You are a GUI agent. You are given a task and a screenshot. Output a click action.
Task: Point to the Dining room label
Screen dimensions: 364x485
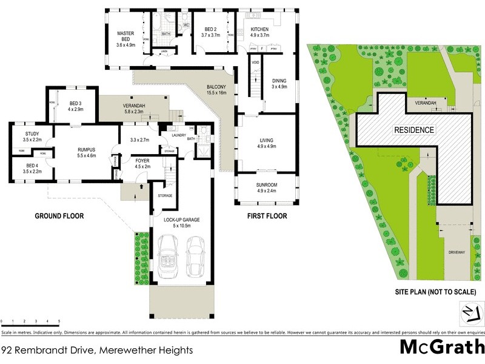pyautogui.click(x=279, y=83)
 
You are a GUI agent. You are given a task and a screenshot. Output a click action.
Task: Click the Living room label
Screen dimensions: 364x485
pyautogui.click(x=267, y=143)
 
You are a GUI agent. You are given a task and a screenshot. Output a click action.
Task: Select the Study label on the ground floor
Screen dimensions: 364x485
pyautogui.click(x=32, y=136)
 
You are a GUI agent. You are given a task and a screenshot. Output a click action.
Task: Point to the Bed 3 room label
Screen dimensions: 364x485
pyautogui.click(x=75, y=107)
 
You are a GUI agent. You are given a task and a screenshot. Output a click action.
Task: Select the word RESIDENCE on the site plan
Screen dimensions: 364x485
pyautogui.click(x=414, y=130)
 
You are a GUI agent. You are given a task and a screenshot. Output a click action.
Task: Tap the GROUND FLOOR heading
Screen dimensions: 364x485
pyautogui.click(x=59, y=216)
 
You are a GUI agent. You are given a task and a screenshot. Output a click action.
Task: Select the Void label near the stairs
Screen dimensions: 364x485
pyautogui.click(x=255, y=62)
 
